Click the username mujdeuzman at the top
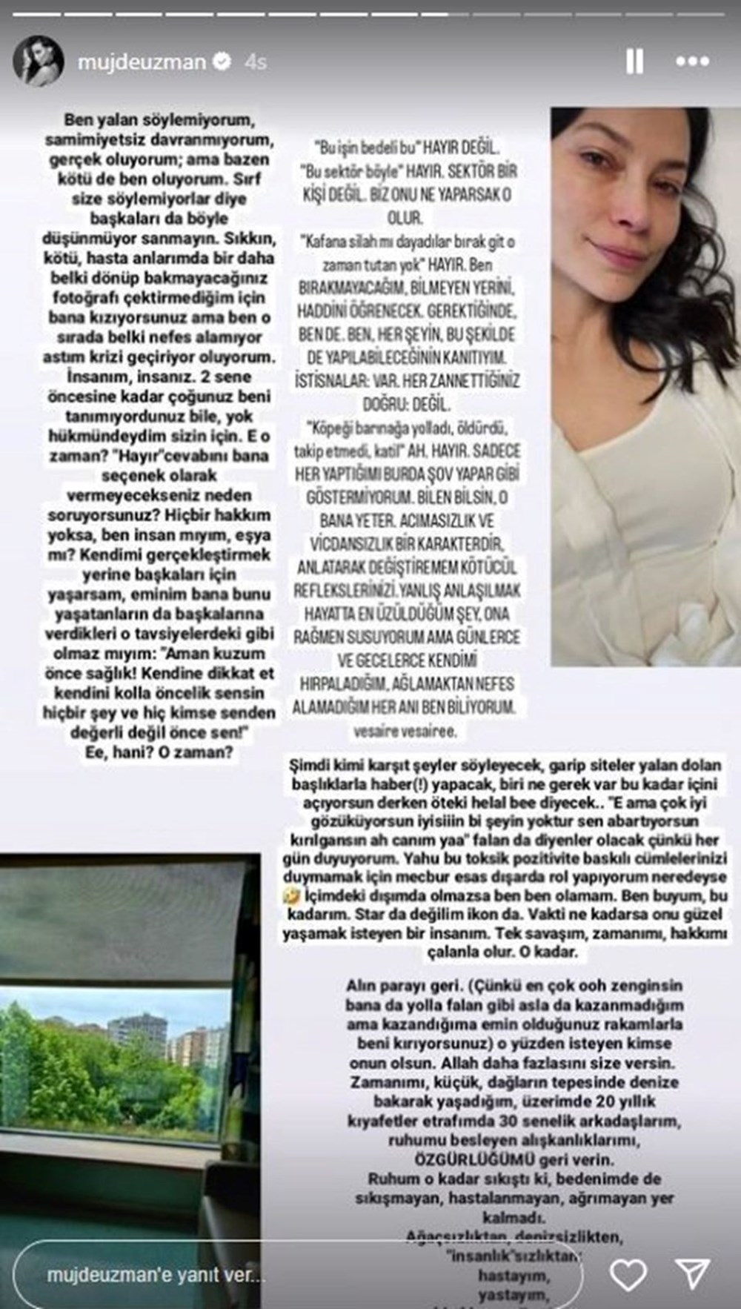[141, 62]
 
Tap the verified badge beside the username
[222, 62]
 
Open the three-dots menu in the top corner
[692, 62]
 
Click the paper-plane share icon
[694, 1275]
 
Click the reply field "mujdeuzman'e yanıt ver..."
[156, 1275]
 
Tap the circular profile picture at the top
[37, 62]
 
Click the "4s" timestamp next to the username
[256, 62]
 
